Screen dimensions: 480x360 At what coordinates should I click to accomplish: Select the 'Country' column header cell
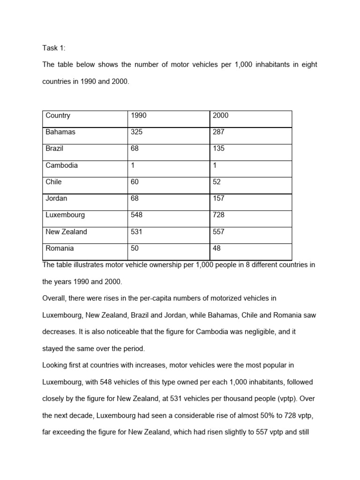pyautogui.click(x=58, y=116)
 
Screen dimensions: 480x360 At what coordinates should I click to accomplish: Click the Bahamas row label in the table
pyautogui.click(x=60, y=132)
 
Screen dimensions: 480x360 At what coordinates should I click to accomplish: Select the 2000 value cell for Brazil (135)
pyautogui.click(x=218, y=149)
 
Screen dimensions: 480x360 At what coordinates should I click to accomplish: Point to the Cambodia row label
pyautogui.click(x=61, y=165)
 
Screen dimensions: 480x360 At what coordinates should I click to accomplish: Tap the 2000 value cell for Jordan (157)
pyautogui.click(x=218, y=198)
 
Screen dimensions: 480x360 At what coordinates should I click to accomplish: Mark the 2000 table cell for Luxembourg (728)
pyautogui.click(x=218, y=215)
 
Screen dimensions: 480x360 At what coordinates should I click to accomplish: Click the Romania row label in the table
pyautogui.click(x=60, y=248)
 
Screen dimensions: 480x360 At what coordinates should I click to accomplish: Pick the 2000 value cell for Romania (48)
pyautogui.click(x=217, y=248)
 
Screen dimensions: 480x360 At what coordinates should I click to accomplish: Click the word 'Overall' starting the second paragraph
pyautogui.click(x=54, y=299)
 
